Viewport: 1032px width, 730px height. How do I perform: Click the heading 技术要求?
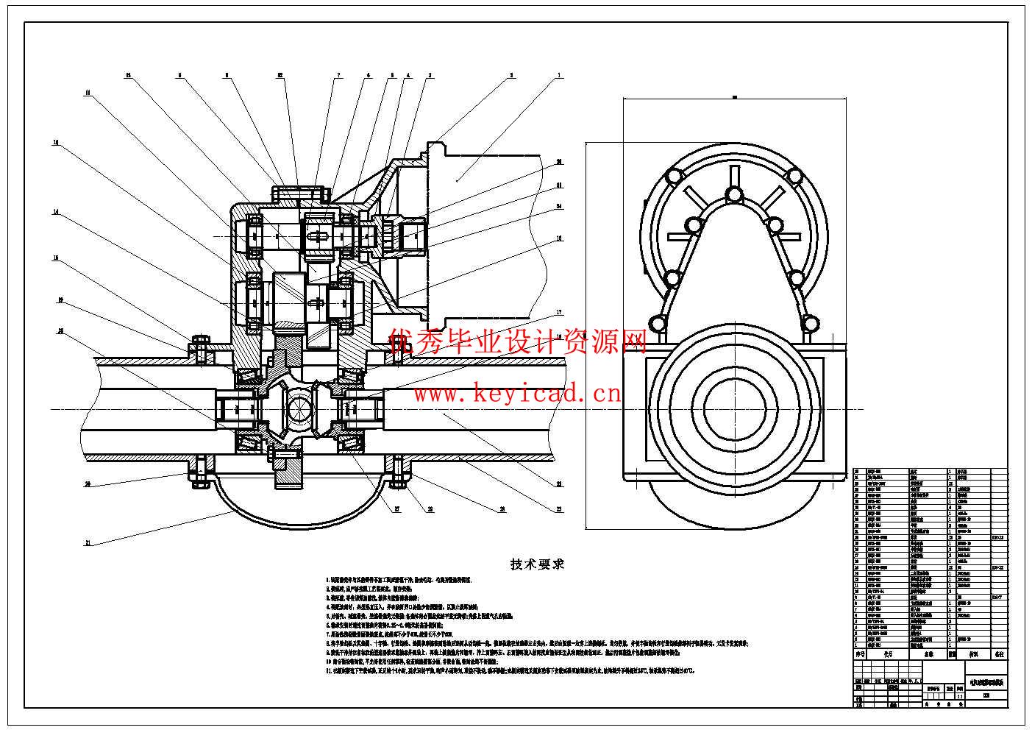click(x=538, y=564)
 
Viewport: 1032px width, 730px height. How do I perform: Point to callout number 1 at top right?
click(x=559, y=75)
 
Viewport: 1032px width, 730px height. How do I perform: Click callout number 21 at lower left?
click(x=88, y=543)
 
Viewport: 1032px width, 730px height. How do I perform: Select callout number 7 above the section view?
click(x=338, y=75)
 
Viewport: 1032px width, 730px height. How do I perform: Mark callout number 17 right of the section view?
click(x=559, y=312)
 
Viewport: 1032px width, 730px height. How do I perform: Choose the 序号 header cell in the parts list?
click(x=859, y=653)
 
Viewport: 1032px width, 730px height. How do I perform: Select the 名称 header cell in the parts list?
click(x=928, y=653)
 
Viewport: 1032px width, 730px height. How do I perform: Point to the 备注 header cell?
click(x=998, y=653)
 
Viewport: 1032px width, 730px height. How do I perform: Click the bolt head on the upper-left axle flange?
click(x=200, y=348)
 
